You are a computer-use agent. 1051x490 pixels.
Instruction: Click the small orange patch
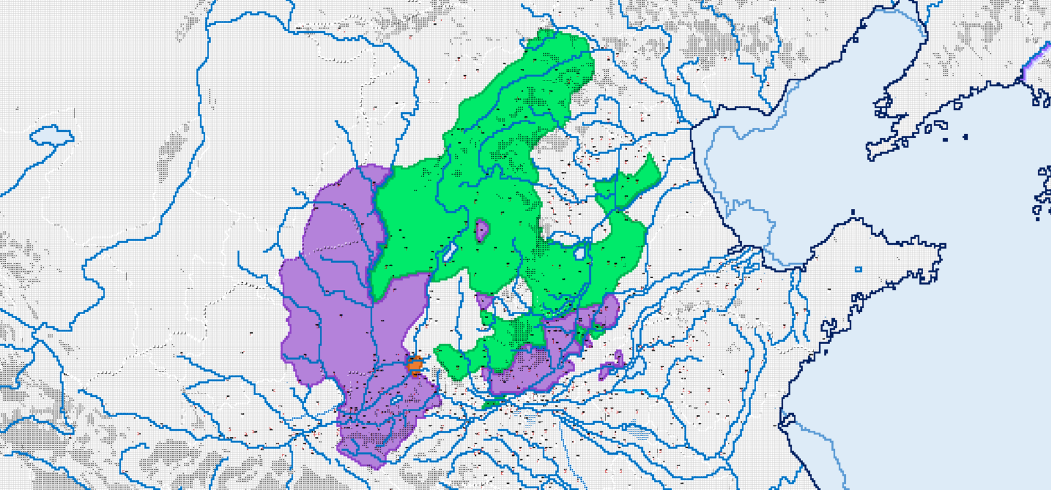(415, 366)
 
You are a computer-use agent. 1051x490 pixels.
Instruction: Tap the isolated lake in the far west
(51, 136)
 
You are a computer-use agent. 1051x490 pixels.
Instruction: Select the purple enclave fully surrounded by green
(482, 230)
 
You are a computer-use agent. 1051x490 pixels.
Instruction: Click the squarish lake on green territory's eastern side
(580, 253)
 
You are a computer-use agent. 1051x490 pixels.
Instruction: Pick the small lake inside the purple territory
(397, 400)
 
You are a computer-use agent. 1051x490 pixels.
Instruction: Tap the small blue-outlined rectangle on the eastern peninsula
(858, 269)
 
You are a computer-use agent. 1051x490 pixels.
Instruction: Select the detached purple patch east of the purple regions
(610, 365)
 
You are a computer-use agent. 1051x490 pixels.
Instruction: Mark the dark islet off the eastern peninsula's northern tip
(853, 213)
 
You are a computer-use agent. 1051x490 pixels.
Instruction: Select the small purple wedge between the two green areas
(484, 300)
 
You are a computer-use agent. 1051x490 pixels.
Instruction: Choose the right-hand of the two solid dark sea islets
(965, 137)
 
